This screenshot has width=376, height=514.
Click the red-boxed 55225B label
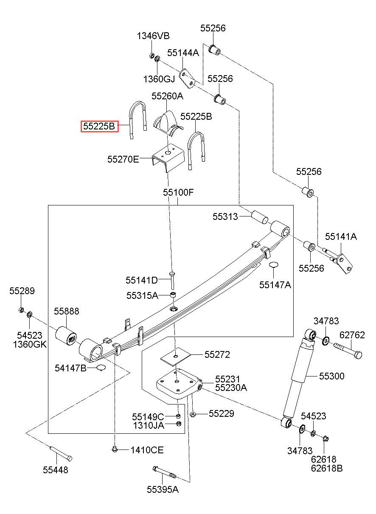point(99,126)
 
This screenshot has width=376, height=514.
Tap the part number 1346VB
point(153,36)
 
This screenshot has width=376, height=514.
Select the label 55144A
point(183,53)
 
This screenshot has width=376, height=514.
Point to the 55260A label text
point(167,96)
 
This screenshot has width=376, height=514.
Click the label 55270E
point(123,159)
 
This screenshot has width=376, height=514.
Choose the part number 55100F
point(178,192)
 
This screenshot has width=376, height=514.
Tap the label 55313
point(225,216)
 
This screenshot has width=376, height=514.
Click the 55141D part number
point(142,280)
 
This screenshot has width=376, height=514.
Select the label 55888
point(67,311)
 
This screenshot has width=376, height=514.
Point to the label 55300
point(332,376)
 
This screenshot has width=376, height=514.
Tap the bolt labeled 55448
point(61,454)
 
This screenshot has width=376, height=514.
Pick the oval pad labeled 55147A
point(273,264)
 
